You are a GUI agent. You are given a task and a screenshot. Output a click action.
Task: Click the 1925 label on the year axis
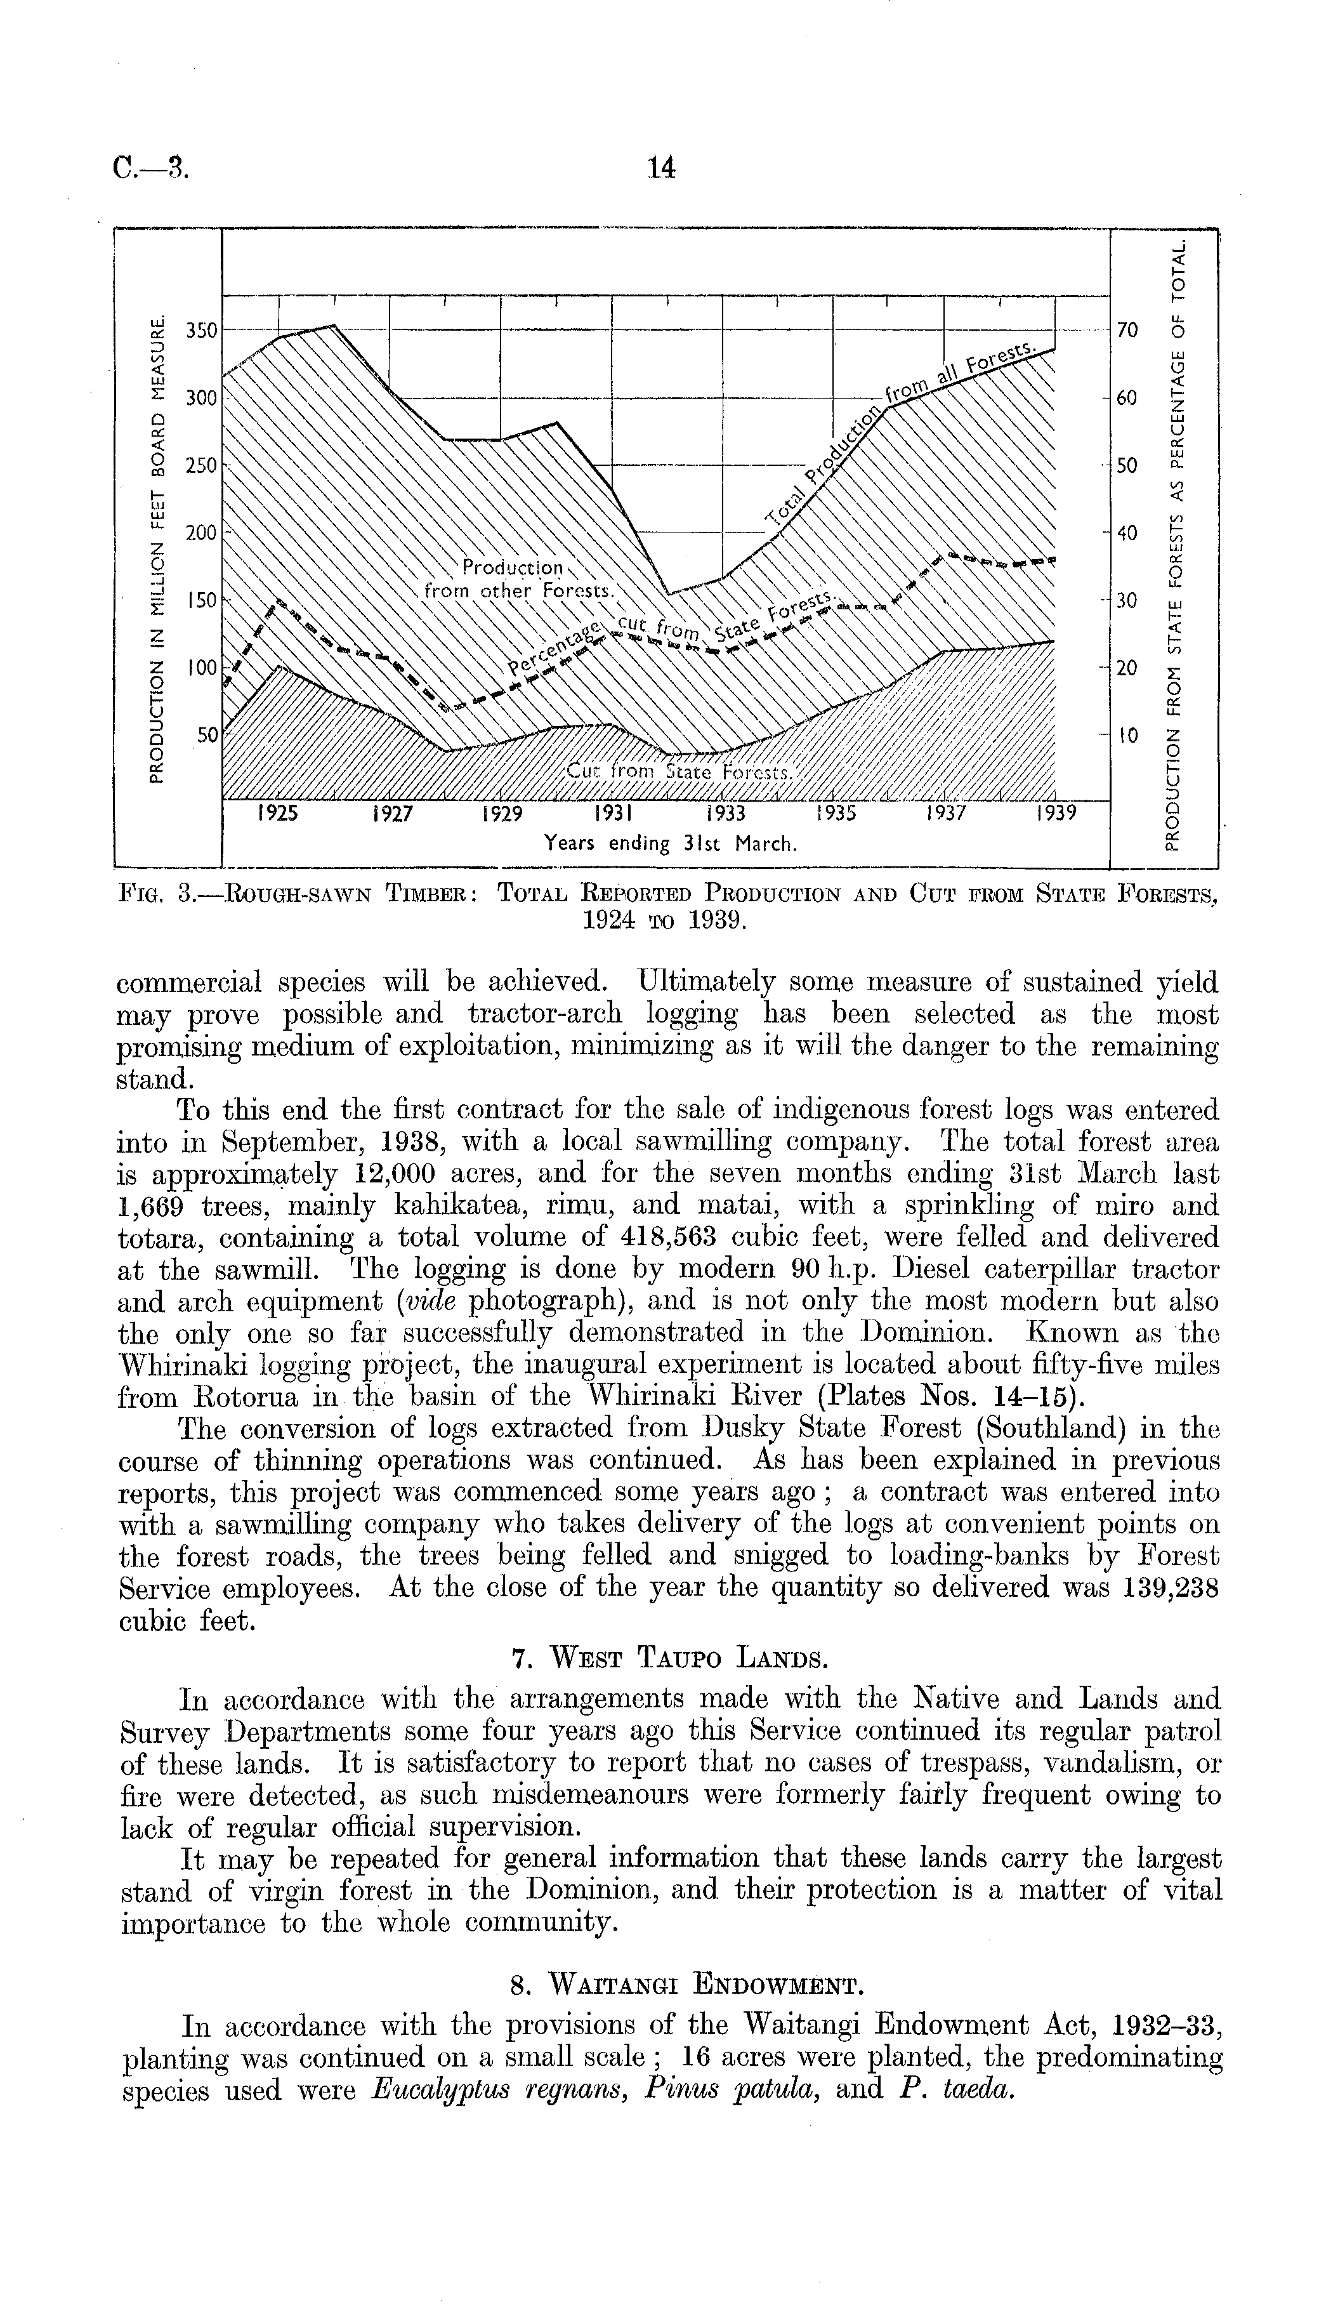point(277,814)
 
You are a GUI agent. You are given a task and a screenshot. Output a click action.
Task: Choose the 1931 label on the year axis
point(612,814)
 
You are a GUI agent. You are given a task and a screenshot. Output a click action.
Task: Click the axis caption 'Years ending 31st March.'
point(671,845)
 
